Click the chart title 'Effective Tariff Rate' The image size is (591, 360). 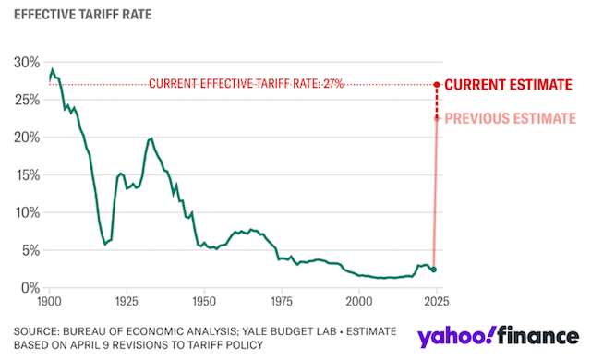pyautogui.click(x=82, y=15)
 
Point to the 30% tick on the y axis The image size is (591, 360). pyautogui.click(x=27, y=63)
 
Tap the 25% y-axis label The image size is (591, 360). pyautogui.click(x=27, y=101)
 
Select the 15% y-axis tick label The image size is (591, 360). pyautogui.click(x=28, y=175)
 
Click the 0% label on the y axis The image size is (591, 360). pyautogui.click(x=30, y=288)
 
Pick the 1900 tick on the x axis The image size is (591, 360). pyautogui.click(x=49, y=301)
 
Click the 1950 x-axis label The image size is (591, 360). pyautogui.click(x=204, y=301)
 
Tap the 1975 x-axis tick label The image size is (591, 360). pyautogui.click(x=282, y=301)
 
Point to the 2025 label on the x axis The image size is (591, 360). pyautogui.click(x=437, y=301)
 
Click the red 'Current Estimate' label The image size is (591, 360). pyautogui.click(x=509, y=85)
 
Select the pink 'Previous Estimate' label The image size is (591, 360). pyautogui.click(x=511, y=119)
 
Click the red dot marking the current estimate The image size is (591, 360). pyautogui.click(x=437, y=85)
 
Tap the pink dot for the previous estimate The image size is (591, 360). pyautogui.click(x=437, y=118)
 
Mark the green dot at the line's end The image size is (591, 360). pyautogui.click(x=434, y=270)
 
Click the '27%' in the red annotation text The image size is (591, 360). pyautogui.click(x=333, y=83)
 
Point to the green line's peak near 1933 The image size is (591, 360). pyautogui.click(x=151, y=138)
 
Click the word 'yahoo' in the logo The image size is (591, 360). pyautogui.click(x=455, y=336)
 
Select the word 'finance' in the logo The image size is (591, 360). pyautogui.click(x=538, y=335)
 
